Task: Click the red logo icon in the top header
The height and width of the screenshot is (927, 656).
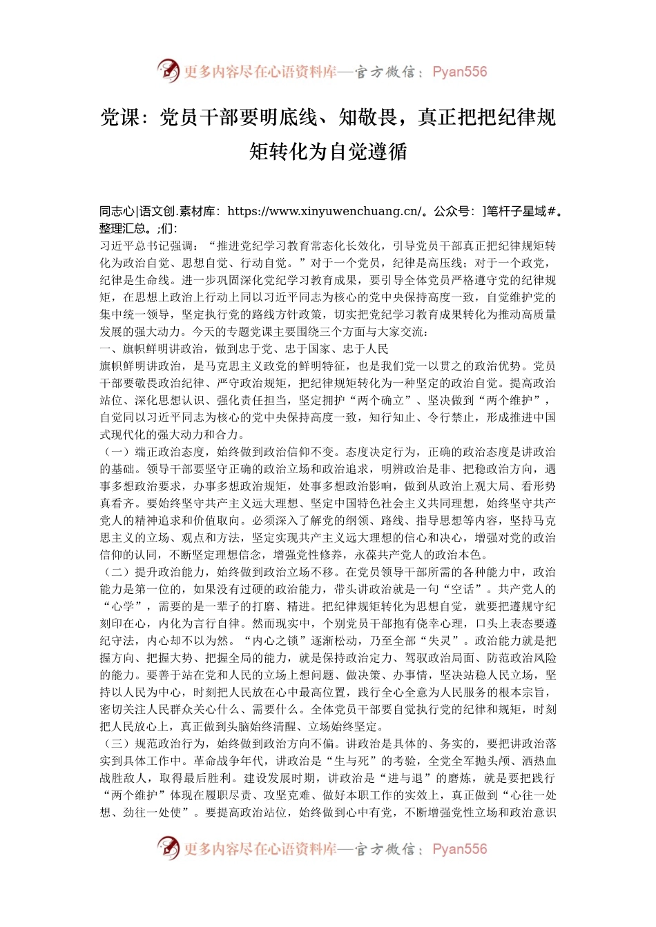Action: coord(168,71)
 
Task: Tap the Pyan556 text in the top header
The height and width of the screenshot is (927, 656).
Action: coord(459,72)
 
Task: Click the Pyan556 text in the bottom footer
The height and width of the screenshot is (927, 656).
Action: coord(459,849)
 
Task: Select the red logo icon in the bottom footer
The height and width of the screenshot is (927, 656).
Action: coord(168,848)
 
